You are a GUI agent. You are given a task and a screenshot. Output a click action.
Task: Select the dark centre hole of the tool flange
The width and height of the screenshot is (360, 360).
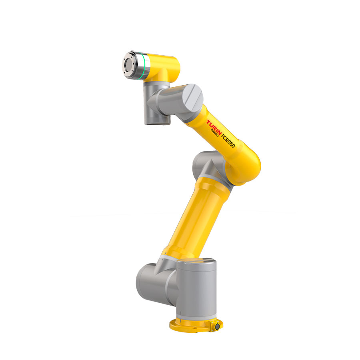128,64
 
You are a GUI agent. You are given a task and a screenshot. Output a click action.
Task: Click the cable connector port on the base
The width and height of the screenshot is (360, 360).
217,326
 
